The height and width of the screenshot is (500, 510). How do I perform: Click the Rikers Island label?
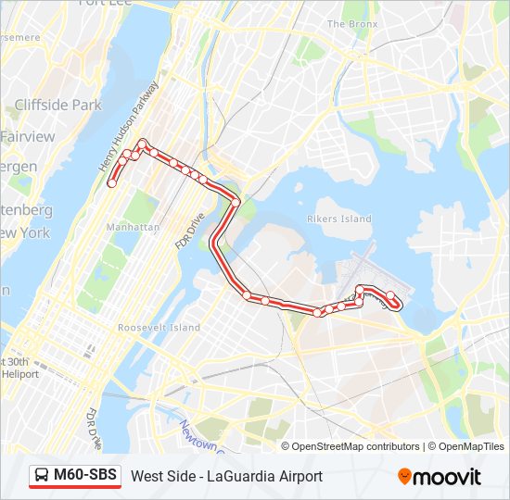pos(339,219)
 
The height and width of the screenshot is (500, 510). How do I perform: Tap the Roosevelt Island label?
pos(159,328)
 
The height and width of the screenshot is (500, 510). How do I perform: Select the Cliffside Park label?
pos(57,106)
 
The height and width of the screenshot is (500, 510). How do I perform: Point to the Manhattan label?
pos(134,227)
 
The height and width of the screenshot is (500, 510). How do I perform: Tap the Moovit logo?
pos(440,477)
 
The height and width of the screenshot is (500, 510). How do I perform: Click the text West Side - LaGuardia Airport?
pos(226,477)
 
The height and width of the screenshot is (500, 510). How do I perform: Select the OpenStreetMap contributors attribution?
pos(355,446)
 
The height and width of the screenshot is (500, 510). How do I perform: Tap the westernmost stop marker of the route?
pos(111,183)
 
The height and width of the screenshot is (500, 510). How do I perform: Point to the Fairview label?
pos(28,136)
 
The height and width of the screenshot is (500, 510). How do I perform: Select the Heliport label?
pos(19,374)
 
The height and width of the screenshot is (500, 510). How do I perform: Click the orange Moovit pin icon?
pos(404,477)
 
